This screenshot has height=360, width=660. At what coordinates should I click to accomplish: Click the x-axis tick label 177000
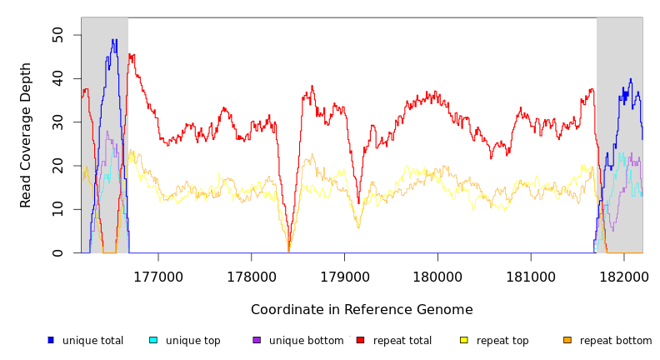pyautogui.click(x=158, y=277)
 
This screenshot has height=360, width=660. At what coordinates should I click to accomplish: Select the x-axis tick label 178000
pyautogui.click(x=252, y=277)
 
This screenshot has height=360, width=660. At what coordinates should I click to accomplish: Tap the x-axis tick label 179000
pyautogui.click(x=345, y=277)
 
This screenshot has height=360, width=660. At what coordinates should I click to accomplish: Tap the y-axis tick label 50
pyautogui.click(x=57, y=34)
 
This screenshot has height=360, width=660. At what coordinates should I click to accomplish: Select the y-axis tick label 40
pyautogui.click(x=57, y=78)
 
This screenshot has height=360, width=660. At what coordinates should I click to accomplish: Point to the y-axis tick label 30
pyautogui.click(x=57, y=122)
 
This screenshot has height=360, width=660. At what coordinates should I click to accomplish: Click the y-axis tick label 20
pyautogui.click(x=57, y=166)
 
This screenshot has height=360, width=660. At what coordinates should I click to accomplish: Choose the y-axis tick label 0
pyautogui.click(x=57, y=253)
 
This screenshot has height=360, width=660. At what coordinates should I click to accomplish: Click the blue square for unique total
pyautogui.click(x=51, y=340)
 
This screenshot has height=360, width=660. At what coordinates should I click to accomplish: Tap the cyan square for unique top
pyautogui.click(x=153, y=340)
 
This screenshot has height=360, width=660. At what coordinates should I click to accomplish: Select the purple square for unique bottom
pyautogui.click(x=257, y=340)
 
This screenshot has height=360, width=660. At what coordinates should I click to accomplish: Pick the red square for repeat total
pyautogui.click(x=360, y=340)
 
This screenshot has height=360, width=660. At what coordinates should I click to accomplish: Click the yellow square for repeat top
pyautogui.click(x=464, y=340)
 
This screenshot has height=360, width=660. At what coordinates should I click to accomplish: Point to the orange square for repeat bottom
pyautogui.click(x=567, y=340)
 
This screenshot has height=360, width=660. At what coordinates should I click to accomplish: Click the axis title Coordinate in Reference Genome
pyautogui.click(x=362, y=310)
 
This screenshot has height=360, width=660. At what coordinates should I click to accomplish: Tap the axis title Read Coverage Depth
pyautogui.click(x=26, y=135)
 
